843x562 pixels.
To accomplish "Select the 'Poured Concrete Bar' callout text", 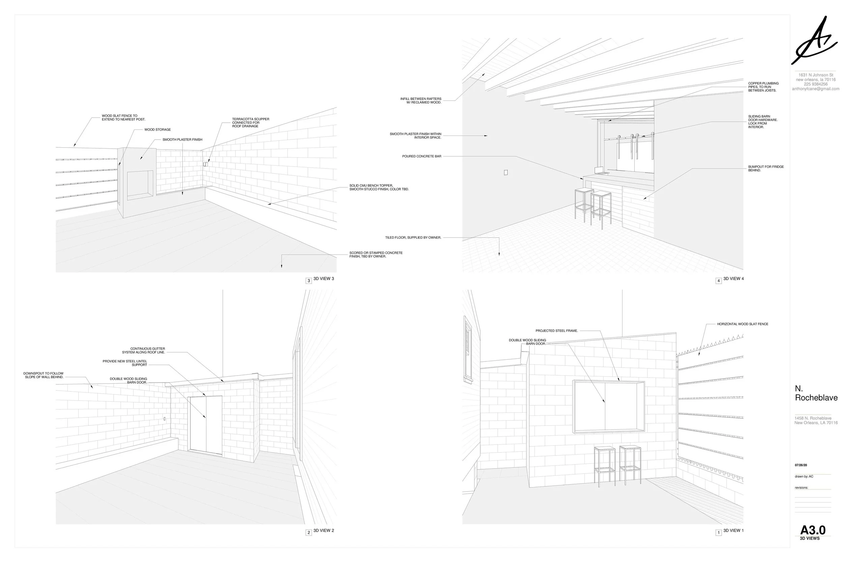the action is click(x=421, y=157).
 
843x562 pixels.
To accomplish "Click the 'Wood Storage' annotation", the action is click(x=157, y=130).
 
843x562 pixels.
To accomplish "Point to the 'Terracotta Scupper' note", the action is click(x=250, y=123).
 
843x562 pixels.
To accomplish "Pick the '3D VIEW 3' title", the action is click(x=323, y=279).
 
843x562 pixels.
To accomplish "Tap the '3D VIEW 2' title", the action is click(x=323, y=530).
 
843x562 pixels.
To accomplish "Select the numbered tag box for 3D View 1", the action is click(x=718, y=533).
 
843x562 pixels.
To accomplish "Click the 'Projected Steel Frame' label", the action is click(x=556, y=331).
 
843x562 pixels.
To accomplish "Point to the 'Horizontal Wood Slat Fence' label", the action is click(x=742, y=324).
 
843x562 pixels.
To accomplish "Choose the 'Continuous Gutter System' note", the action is click(x=143, y=351).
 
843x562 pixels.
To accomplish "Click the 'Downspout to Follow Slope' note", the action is click(x=43, y=375).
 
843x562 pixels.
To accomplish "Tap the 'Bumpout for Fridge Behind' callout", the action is click(x=765, y=169).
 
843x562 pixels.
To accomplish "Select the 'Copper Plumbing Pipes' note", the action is click(x=763, y=87).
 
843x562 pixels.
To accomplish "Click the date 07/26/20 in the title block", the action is click(x=801, y=465).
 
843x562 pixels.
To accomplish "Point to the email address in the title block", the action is click(x=815, y=89).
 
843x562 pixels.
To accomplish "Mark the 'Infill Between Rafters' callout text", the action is click(x=421, y=101).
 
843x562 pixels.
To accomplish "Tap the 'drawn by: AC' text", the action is click(x=804, y=477).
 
